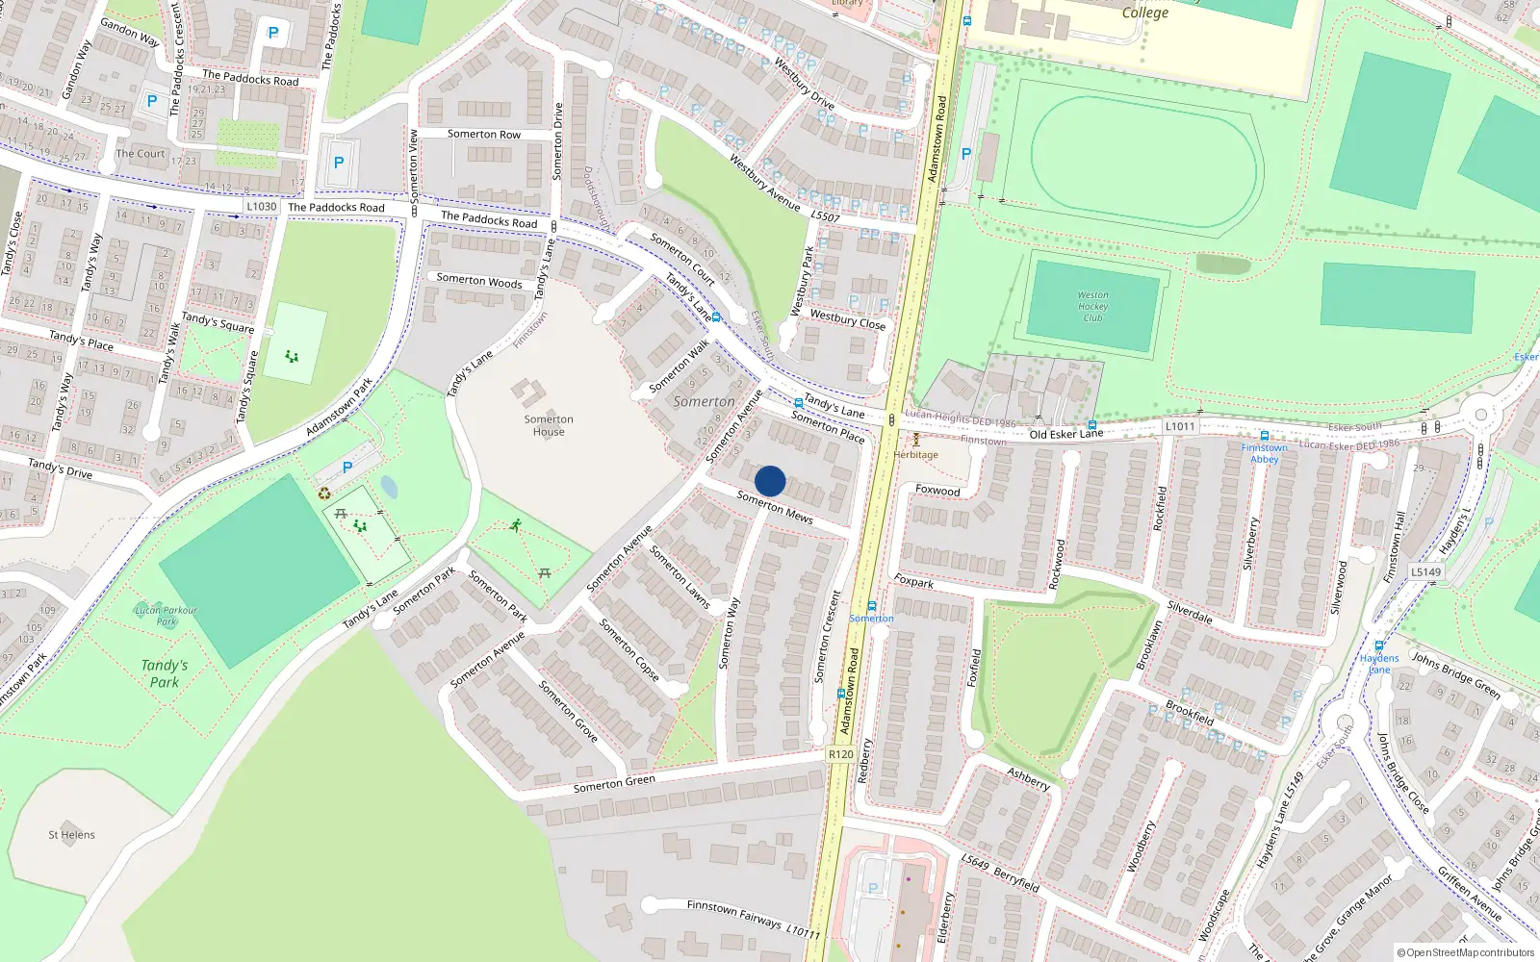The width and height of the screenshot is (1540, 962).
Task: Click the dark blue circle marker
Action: click(770, 481)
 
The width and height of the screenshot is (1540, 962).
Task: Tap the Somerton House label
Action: click(549, 425)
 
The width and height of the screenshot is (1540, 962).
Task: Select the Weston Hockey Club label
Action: click(1092, 306)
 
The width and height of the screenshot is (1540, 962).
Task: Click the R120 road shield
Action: click(841, 754)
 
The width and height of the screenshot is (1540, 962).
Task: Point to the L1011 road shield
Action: click(1180, 426)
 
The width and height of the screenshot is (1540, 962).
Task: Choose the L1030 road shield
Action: click(261, 206)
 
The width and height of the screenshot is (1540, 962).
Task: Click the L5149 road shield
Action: click(1426, 571)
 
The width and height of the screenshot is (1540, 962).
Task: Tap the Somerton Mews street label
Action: click(775, 507)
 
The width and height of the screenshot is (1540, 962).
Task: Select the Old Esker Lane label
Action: click(1066, 434)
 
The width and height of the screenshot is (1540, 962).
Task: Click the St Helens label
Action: click(71, 835)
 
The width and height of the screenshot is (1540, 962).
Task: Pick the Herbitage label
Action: click(915, 455)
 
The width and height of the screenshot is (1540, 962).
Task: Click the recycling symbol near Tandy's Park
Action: click(324, 494)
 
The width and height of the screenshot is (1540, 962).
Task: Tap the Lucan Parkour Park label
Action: click(167, 616)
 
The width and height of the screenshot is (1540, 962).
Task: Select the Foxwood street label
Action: click(937, 491)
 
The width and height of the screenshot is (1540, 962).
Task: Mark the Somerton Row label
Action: click(483, 135)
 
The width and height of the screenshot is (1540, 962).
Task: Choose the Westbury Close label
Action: click(847, 319)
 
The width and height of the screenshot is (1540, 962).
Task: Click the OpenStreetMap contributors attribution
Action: click(1465, 952)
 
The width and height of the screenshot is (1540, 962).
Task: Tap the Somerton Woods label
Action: click(479, 281)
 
